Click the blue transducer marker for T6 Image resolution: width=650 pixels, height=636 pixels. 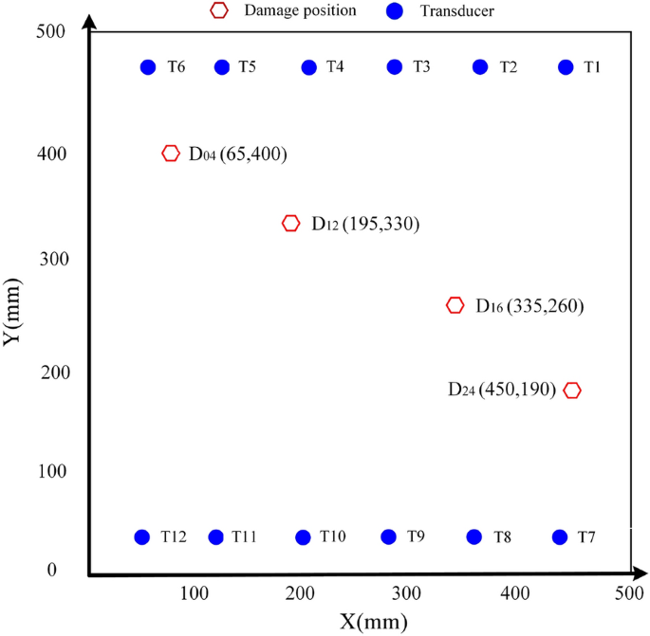pos(148,67)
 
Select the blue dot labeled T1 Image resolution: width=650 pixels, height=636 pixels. pos(566,67)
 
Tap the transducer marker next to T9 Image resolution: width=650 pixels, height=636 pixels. pos(389,537)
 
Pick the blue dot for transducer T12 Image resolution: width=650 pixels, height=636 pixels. pos(142,537)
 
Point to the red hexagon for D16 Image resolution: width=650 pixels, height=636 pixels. pos(455,305)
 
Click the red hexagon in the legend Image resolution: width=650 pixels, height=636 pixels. pos(219,10)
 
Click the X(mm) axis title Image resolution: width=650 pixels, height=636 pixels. pos(375,622)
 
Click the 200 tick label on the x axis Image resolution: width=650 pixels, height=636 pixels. pos(302,593)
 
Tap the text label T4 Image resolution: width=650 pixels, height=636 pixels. pos(335,66)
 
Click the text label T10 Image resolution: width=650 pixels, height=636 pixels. pos(333,537)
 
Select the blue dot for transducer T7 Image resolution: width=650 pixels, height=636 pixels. pos(560,537)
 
